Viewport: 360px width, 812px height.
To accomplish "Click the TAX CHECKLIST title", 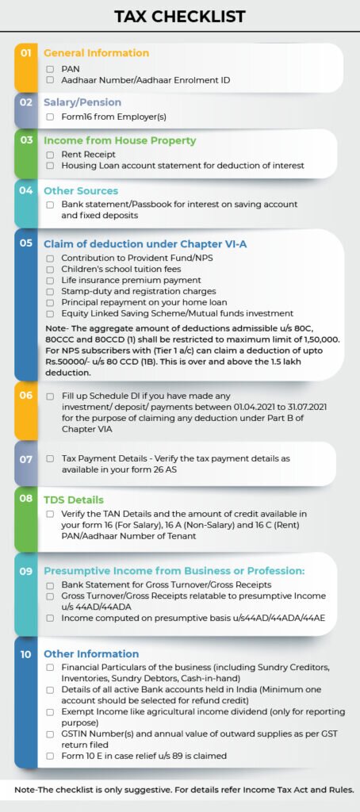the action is [x=180, y=16].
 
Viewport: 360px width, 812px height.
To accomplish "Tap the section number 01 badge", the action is [x=26, y=53].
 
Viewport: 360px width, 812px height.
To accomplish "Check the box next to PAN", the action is [x=50, y=70].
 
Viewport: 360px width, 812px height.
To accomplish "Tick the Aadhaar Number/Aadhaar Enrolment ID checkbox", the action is [x=50, y=80].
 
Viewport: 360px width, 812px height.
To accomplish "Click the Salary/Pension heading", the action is [x=82, y=102].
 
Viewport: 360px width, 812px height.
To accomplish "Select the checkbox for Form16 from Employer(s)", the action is [x=50, y=117].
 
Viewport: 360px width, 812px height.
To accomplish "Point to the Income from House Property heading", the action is [x=120, y=140].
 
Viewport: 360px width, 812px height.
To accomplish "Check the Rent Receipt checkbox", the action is [x=50, y=155].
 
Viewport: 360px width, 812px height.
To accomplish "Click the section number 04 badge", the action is [x=26, y=191].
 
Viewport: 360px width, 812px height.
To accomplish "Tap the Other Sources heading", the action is [x=81, y=191].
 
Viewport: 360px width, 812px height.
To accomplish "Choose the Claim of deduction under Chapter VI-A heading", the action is [x=145, y=243].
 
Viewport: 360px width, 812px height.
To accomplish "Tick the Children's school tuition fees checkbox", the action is [x=50, y=270].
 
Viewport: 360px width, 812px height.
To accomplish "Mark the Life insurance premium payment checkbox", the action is [x=50, y=281].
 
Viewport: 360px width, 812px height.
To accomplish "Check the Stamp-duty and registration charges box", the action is [x=50, y=292].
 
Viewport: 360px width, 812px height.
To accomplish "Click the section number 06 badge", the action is [x=26, y=395].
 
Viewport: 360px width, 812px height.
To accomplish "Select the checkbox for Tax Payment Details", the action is [x=50, y=459].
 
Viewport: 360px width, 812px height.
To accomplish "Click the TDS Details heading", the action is [x=74, y=500].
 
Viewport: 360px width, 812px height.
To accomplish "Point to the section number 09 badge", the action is [x=26, y=570].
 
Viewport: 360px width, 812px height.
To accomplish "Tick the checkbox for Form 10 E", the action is [x=50, y=756].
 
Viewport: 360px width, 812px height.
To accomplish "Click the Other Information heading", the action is [x=91, y=654].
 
